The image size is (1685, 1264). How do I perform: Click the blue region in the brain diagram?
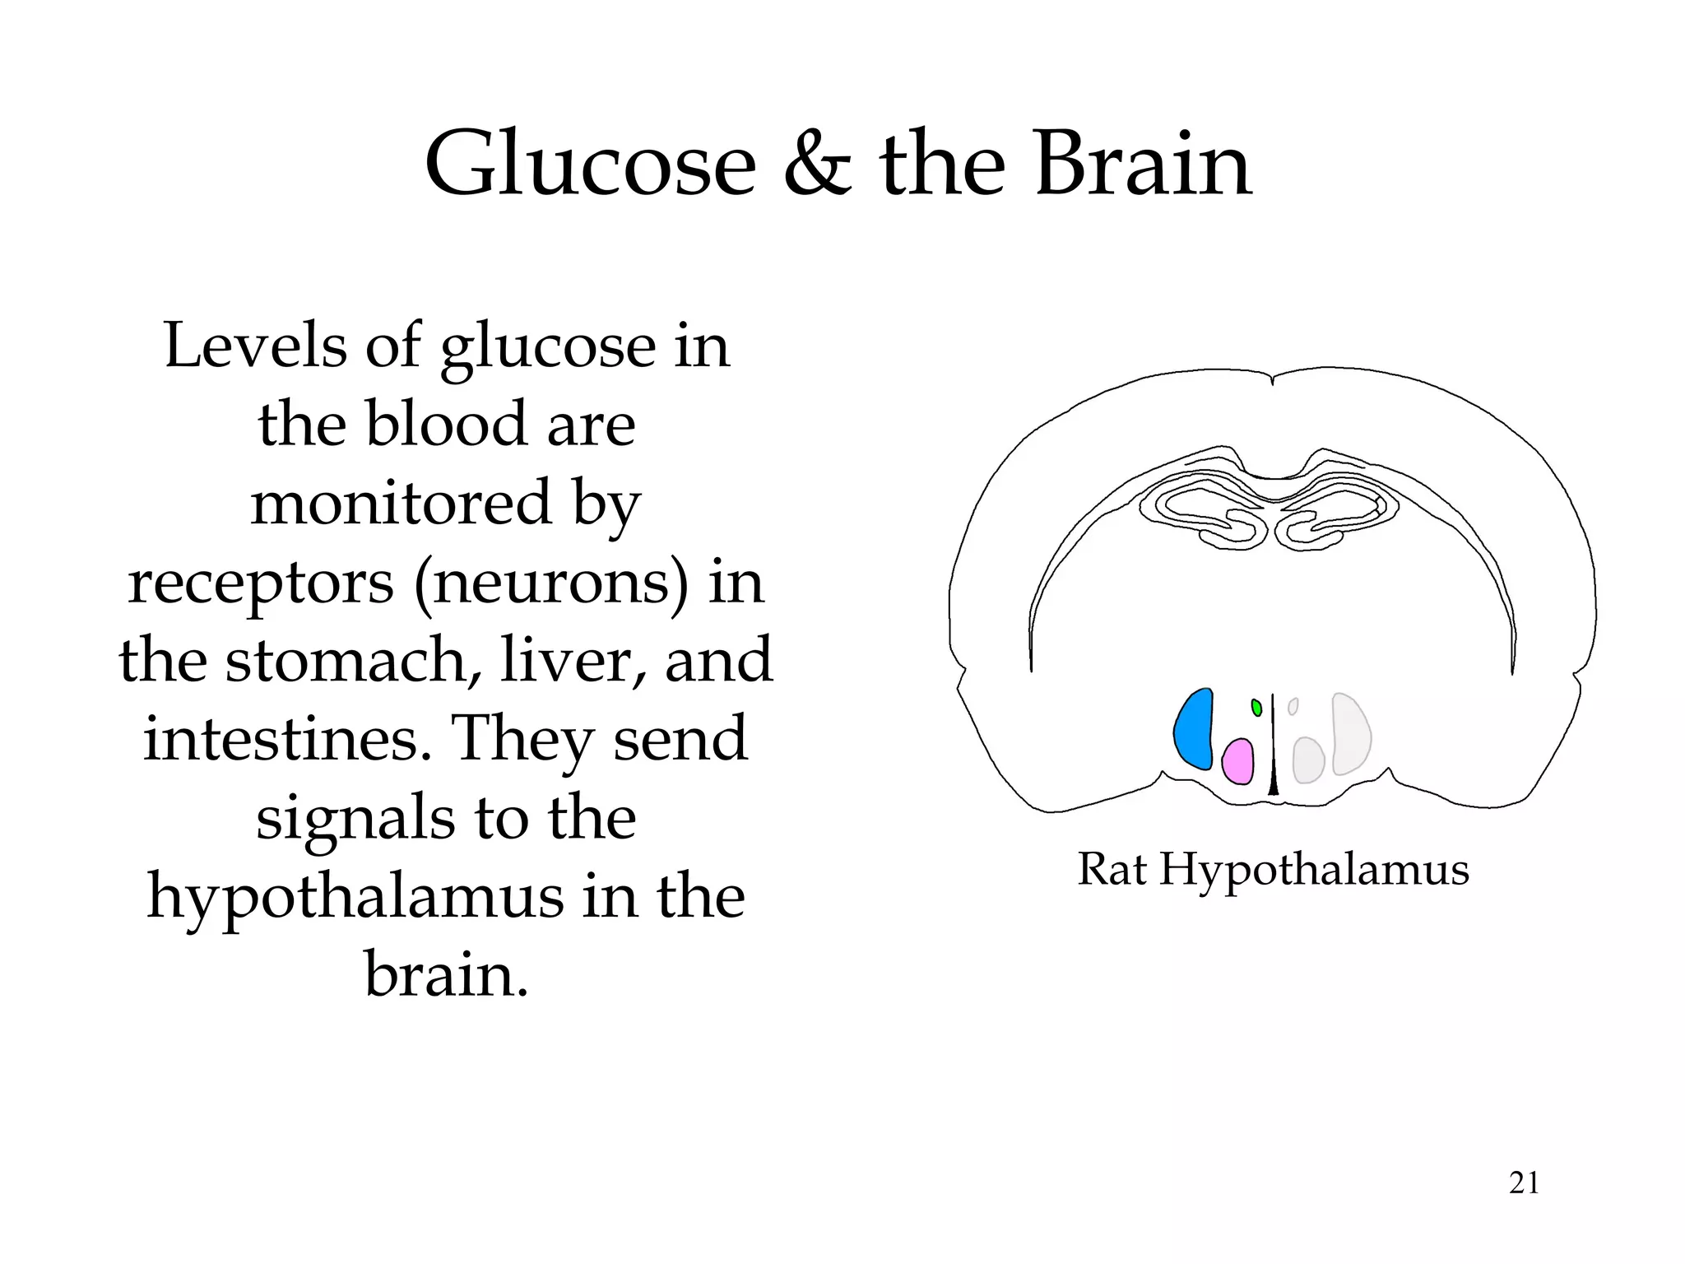pos(1195,729)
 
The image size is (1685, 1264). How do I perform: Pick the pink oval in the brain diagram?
pos(1237,762)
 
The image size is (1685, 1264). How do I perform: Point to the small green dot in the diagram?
pos(1256,707)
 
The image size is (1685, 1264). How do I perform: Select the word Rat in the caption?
pos(1112,869)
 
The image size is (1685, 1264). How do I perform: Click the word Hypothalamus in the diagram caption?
pos(1314,871)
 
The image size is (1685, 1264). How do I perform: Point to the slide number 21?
pos(1524,1183)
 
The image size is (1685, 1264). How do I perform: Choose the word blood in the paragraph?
pos(445,425)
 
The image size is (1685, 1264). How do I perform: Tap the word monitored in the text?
pos(401,503)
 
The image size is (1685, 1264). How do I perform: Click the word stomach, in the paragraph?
pos(355,660)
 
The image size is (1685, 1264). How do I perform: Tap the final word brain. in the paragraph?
pos(446,975)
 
